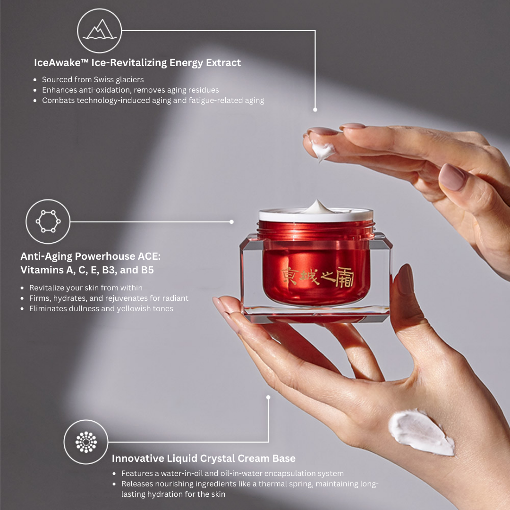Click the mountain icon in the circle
tap(100, 30)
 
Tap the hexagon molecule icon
tap(48, 221)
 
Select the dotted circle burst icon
tap(86, 442)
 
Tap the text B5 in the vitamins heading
tap(147, 270)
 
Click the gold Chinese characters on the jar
tap(317, 277)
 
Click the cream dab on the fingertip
tap(322, 150)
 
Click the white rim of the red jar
tap(316, 215)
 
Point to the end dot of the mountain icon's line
tap(315, 110)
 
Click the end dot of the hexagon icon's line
tap(231, 222)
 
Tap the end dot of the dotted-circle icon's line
tap(268, 398)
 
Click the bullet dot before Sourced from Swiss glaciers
tap(35, 80)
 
